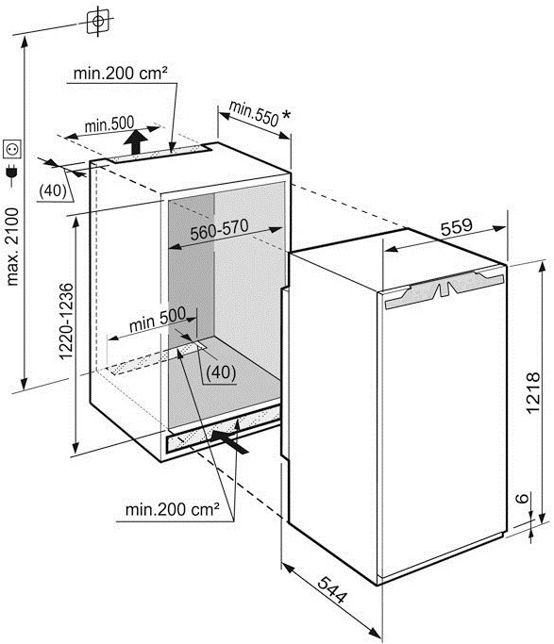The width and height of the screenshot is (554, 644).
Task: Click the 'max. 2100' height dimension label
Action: coord(12,246)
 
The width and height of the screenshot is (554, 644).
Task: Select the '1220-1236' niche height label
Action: coord(66,322)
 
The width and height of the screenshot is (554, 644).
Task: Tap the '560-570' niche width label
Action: coord(220,229)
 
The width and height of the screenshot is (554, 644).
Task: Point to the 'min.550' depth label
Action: coord(254,113)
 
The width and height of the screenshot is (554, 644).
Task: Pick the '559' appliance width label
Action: coord(457,226)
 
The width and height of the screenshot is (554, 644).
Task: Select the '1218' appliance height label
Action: coord(532,393)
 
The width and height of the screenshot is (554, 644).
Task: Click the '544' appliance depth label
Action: coord(333,590)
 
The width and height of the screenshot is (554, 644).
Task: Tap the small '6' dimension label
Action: coord(522,498)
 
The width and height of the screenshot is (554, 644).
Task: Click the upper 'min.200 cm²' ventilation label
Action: coord(121,74)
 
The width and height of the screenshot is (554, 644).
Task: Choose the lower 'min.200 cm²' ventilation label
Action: coord(172,510)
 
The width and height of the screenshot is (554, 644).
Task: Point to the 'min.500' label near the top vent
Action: coord(109,124)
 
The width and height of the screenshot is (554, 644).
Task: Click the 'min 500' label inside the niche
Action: coord(158,320)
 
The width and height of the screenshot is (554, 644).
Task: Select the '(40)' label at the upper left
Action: coord(53,190)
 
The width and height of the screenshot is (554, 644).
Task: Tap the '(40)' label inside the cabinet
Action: coord(221,372)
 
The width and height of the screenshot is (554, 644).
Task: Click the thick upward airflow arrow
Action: coord(136,142)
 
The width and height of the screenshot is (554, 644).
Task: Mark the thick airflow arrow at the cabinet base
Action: coord(229,441)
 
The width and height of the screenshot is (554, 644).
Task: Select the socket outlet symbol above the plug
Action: coord(12,149)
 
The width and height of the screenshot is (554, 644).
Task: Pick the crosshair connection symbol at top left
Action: coord(98,22)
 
